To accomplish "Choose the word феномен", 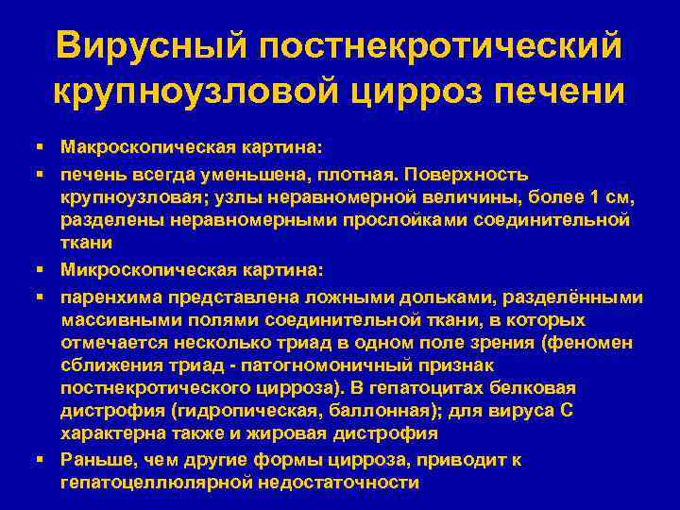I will tap(595, 343).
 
